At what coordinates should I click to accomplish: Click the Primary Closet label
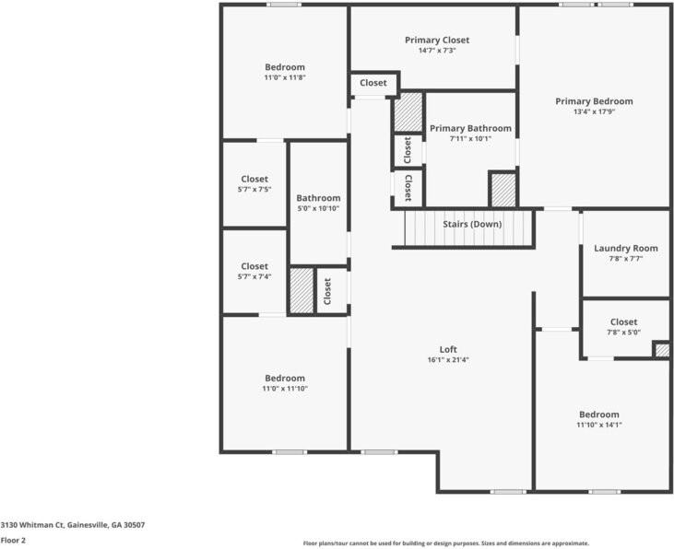[436, 41]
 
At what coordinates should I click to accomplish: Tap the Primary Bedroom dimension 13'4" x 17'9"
[593, 112]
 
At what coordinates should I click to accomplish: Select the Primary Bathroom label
[470, 128]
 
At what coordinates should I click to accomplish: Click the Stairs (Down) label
[472, 224]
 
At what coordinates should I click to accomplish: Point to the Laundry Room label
[625, 248]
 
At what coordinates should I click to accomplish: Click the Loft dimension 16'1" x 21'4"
[447, 360]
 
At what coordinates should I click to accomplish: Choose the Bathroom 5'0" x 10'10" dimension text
[318, 208]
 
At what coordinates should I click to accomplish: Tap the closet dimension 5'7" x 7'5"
[254, 190]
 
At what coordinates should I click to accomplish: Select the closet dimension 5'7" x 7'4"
[254, 276]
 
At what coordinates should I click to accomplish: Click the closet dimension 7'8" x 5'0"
[623, 333]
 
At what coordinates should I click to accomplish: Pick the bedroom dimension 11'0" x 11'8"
[284, 78]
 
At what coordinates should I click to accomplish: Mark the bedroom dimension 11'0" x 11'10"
[284, 389]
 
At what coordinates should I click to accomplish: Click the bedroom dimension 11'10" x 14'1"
[598, 426]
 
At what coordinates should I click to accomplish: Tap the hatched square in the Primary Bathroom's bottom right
[503, 190]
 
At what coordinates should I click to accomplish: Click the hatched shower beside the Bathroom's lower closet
[302, 290]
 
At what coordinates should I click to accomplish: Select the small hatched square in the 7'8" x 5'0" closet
[661, 349]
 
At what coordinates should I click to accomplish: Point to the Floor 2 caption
[13, 541]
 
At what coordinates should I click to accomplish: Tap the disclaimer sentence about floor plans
[445, 543]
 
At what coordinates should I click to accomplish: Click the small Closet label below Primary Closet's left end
[373, 83]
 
